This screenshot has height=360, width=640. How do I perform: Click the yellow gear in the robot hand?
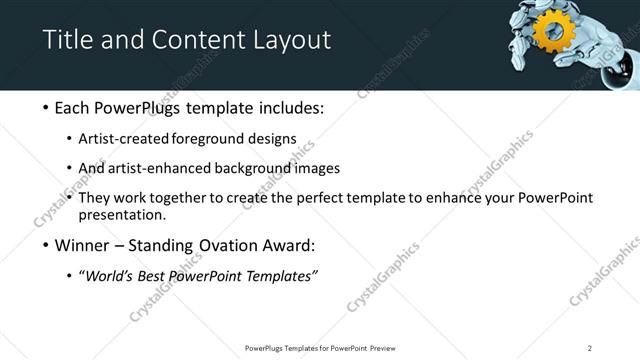[549, 31]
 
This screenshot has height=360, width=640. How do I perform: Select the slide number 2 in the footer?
[590, 347]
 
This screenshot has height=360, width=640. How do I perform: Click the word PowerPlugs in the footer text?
[268, 347]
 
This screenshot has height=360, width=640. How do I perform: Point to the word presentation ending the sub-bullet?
[130, 214]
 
